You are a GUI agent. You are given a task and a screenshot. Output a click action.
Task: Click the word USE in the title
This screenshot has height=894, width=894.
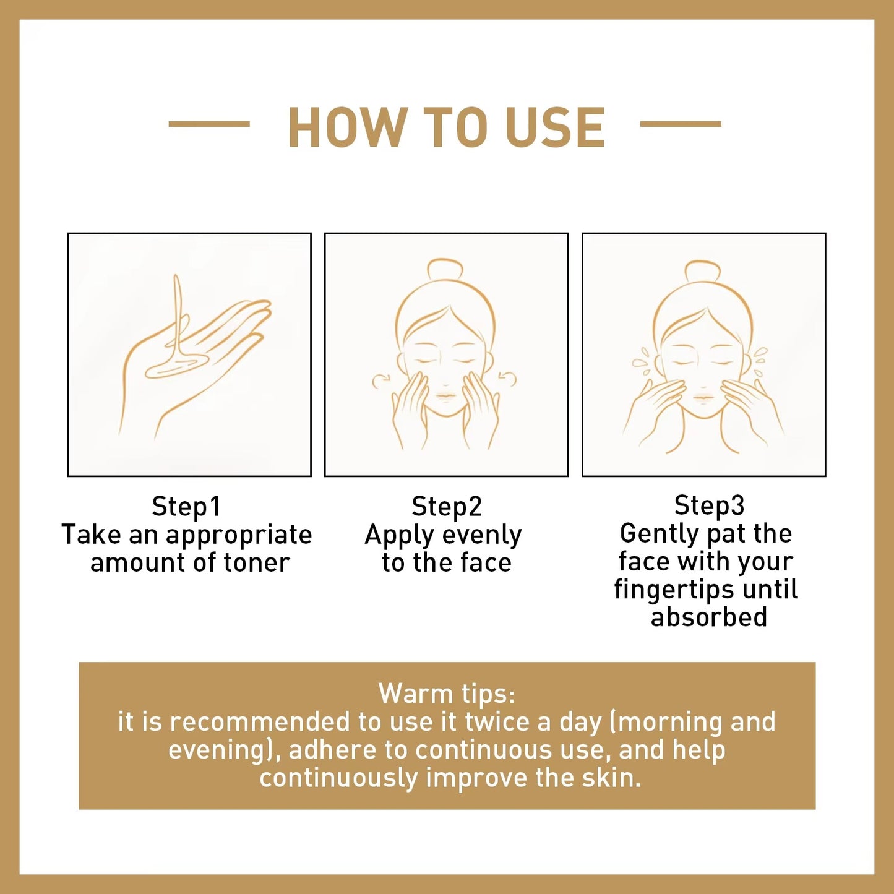point(555,128)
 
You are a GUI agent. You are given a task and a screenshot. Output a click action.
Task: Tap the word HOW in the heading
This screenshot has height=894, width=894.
point(345,128)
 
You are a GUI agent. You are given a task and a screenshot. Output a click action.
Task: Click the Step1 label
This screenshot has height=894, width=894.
point(186,507)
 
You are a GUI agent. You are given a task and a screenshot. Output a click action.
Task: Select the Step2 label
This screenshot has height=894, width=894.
point(447,507)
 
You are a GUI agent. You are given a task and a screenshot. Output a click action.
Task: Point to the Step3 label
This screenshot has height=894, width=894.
point(709,505)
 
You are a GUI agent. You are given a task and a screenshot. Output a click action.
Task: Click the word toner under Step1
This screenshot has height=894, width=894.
point(257,563)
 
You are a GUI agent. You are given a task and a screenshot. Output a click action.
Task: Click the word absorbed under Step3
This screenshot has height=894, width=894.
point(709,617)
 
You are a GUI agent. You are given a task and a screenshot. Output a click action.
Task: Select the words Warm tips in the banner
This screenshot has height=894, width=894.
point(447,694)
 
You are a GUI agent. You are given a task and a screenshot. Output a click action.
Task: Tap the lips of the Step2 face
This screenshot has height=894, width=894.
point(445,397)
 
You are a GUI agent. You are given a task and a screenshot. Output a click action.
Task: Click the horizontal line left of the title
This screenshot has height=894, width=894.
point(209,124)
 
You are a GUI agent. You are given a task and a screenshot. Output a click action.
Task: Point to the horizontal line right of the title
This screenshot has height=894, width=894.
point(681,124)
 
